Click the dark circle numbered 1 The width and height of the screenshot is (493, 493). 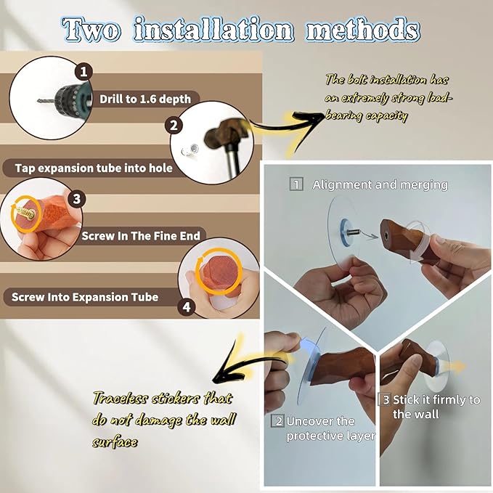pyautogui.click(x=83, y=73)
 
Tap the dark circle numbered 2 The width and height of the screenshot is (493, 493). pyautogui.click(x=174, y=126)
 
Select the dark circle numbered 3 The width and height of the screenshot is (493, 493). pyautogui.click(x=77, y=199)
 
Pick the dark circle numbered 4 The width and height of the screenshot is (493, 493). pyautogui.click(x=187, y=306)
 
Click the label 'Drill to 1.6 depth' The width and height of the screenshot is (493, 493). pyautogui.click(x=145, y=99)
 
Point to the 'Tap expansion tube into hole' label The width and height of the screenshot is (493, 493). pyautogui.click(x=94, y=168)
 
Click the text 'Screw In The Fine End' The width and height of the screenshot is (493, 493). pyautogui.click(x=141, y=236)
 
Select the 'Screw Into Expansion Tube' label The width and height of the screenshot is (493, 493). pyautogui.click(x=85, y=297)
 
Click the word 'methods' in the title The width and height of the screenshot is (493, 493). pyautogui.click(x=363, y=30)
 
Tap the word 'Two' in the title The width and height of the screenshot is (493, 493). pyautogui.click(x=91, y=30)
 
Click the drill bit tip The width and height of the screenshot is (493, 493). pyautogui.click(x=38, y=101)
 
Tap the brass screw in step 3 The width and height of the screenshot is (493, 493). pyautogui.click(x=26, y=213)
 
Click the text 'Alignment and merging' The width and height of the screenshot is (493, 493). pyautogui.click(x=380, y=185)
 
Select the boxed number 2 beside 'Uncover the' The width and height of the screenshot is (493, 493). pyautogui.click(x=278, y=421)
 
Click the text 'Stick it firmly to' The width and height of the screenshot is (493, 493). pyautogui.click(x=436, y=399)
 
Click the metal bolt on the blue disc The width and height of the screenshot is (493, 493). pyautogui.click(x=354, y=232)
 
